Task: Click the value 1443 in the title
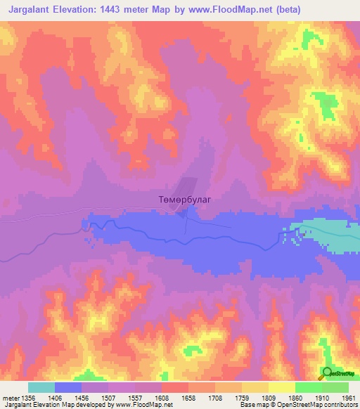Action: tap(124, 10)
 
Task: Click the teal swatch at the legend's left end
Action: tap(41, 387)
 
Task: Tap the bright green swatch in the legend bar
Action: tap(308, 387)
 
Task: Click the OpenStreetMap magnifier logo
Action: tap(327, 373)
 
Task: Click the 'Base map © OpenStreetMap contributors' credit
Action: tap(298, 405)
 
